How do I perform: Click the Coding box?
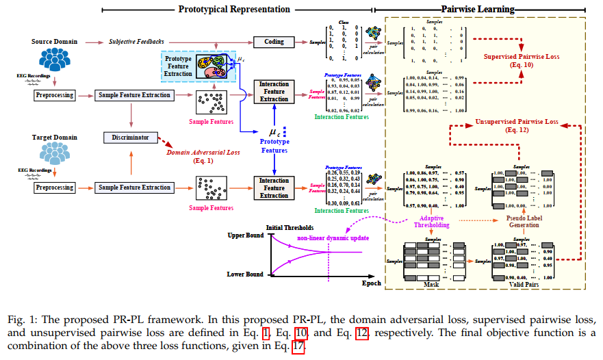pyautogui.click(x=274, y=42)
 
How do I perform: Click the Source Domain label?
pyautogui.click(x=54, y=42)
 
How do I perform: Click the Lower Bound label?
pyautogui.click(x=244, y=274)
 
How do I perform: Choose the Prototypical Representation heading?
pyautogui.click(x=234, y=9)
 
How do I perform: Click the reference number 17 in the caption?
pyautogui.click(x=297, y=346)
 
